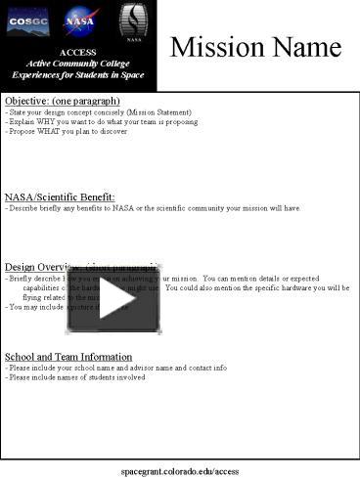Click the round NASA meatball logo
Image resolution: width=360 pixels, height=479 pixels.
(x=79, y=19)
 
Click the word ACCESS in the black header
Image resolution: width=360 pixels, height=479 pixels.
(x=78, y=52)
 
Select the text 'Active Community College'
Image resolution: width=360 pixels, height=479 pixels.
(x=78, y=64)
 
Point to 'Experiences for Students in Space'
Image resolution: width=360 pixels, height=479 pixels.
(x=78, y=75)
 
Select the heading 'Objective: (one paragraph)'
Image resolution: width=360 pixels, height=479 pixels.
(x=63, y=101)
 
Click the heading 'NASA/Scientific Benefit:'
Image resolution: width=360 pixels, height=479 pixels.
(x=60, y=196)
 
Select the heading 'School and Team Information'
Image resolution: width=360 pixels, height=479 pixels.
(x=68, y=356)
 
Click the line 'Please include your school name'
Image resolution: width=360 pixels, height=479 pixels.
(x=116, y=368)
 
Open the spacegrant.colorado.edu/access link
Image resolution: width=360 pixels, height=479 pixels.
(x=180, y=470)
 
